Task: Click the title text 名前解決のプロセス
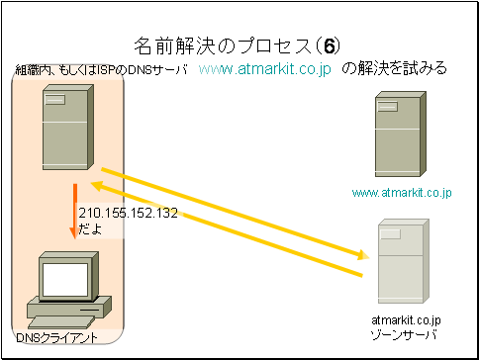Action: [x=223, y=47]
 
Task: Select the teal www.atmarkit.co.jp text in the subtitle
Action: [x=265, y=70]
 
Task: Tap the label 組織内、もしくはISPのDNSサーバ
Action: [x=102, y=70]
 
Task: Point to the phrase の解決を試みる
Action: [x=394, y=69]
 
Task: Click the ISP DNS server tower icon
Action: [x=68, y=127]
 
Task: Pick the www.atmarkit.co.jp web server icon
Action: [x=401, y=134]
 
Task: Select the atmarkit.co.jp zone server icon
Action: [x=404, y=261]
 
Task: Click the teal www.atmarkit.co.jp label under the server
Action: [x=402, y=193]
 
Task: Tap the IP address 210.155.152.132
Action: [x=128, y=213]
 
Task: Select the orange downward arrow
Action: [x=75, y=212]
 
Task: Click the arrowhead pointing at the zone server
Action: [x=364, y=256]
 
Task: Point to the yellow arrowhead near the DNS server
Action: [x=97, y=186]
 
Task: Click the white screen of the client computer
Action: [x=65, y=280]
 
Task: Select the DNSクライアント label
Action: [x=56, y=337]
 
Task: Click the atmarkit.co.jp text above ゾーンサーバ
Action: [x=406, y=320]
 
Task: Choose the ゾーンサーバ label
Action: [x=404, y=335]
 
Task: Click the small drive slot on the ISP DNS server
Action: [x=54, y=100]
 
